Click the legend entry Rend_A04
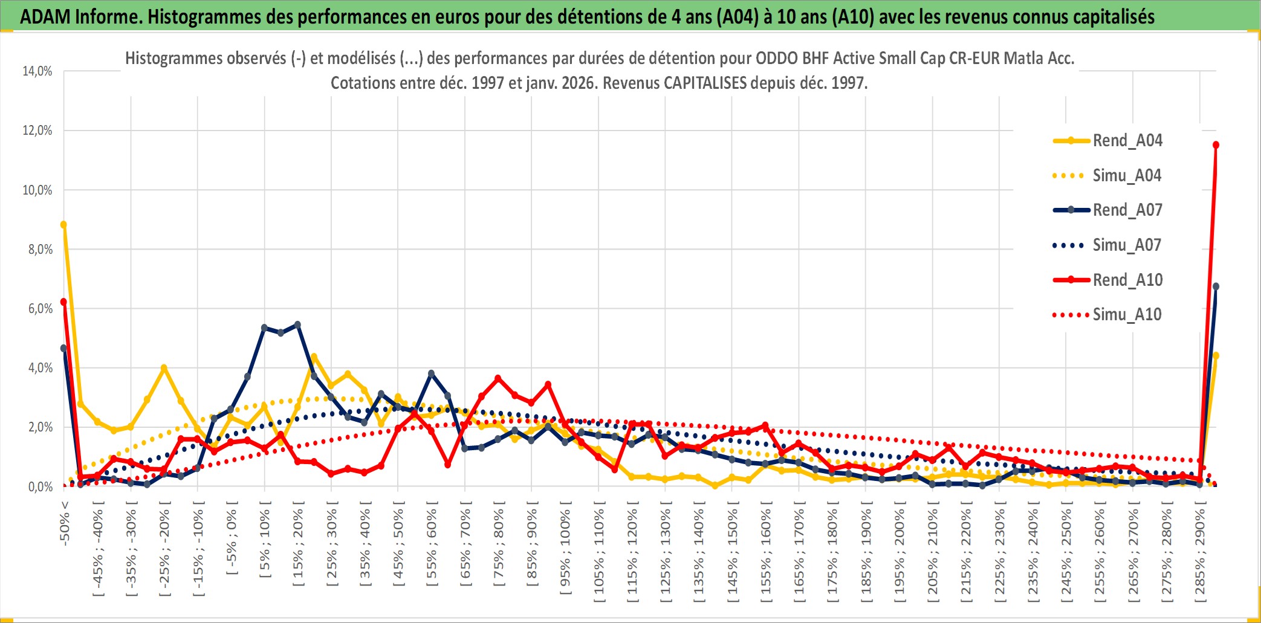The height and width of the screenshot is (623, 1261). tap(1127, 141)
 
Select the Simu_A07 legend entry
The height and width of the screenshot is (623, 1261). tap(1127, 245)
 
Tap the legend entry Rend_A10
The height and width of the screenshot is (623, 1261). tap(1127, 280)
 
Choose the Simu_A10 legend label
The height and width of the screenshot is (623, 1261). tap(1127, 315)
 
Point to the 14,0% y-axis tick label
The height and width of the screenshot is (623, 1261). tap(37, 71)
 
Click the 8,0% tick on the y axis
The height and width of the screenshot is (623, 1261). tap(40, 250)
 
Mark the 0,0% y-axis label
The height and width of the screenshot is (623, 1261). tap(40, 487)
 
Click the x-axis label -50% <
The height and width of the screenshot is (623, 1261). tap(65, 523)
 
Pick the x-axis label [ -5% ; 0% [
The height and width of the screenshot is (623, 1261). tap(232, 538)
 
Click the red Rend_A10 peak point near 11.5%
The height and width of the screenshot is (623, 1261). tap(1216, 145)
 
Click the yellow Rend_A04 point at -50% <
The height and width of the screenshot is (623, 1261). tap(63, 225)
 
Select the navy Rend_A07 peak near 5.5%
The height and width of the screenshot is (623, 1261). tap(297, 324)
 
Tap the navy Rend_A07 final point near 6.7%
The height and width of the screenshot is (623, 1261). tap(1216, 286)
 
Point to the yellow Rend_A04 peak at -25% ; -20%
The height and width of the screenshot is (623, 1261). tap(164, 367)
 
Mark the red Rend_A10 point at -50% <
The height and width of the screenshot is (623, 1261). tap(63, 302)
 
